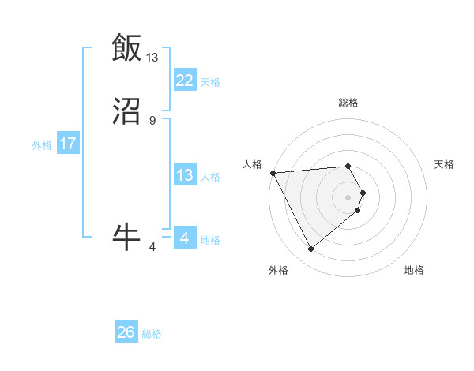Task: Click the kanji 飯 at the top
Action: pos(126,47)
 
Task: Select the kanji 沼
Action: pos(126,114)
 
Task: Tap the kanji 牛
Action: pos(126,236)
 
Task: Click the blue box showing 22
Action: pos(184,81)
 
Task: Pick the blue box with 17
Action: pos(68,144)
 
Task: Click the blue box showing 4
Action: pos(184,239)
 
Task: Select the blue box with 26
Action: pos(126,333)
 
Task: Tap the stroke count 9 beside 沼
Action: pos(152,121)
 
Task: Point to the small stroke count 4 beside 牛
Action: pos(152,247)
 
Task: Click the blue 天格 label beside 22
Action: pos(210,82)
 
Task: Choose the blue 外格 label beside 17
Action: pos(42,145)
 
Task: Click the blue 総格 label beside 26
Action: pos(152,334)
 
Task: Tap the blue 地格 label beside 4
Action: pos(210,240)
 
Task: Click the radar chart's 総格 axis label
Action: pos(348,103)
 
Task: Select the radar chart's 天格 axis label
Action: pos(445,164)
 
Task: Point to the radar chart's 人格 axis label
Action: pos(252,164)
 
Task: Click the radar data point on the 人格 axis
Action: pos(273,172)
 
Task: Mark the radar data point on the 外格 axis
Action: pos(310,249)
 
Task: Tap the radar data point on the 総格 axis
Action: pos(348,166)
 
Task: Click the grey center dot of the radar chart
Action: pos(348,197)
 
